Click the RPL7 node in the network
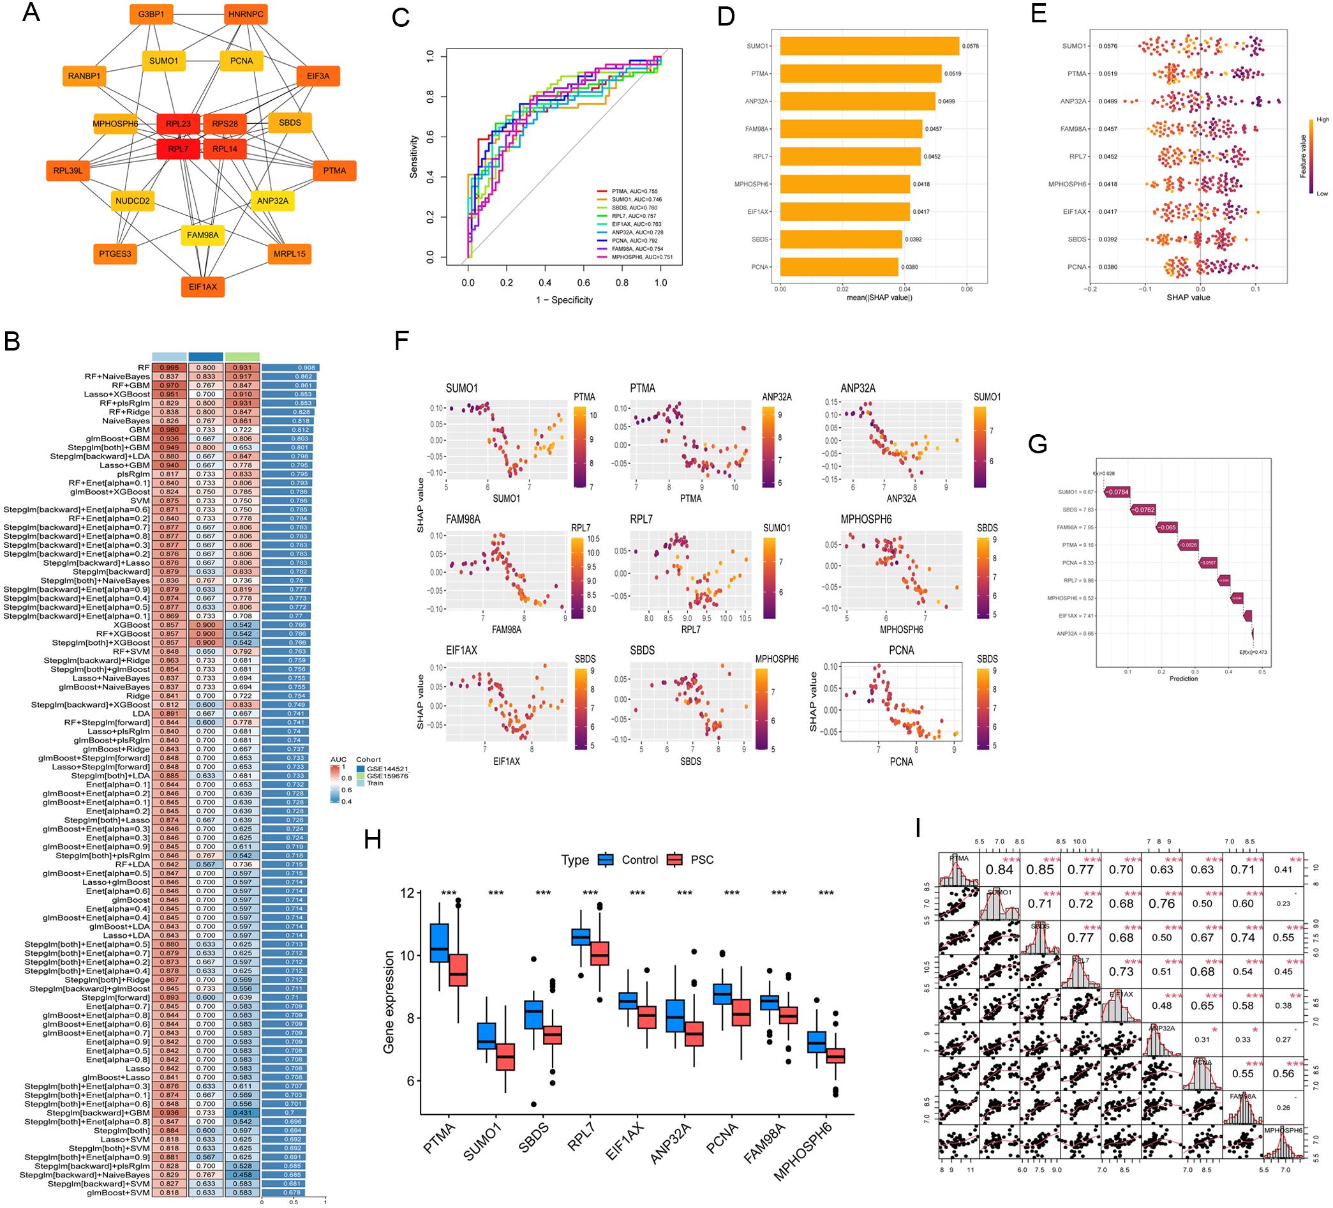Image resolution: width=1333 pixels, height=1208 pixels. tap(178, 149)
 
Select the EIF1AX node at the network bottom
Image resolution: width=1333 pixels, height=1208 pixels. tap(202, 287)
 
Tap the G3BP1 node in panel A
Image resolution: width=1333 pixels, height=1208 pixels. tap(151, 14)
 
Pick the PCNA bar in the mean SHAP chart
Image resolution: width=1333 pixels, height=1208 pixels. tap(838, 267)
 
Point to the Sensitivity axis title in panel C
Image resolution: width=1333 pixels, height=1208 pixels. tap(415, 157)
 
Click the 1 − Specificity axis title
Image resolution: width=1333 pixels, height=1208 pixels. tap(564, 300)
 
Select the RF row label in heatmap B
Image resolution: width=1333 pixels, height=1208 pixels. tap(144, 367)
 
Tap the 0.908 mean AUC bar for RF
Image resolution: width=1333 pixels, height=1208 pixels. tap(290, 367)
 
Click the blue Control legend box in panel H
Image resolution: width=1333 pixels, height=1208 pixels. tap(605, 860)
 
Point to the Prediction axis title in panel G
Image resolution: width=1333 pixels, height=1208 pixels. tap(1183, 679)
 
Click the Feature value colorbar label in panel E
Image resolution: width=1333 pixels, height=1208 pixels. tap(1302, 156)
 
